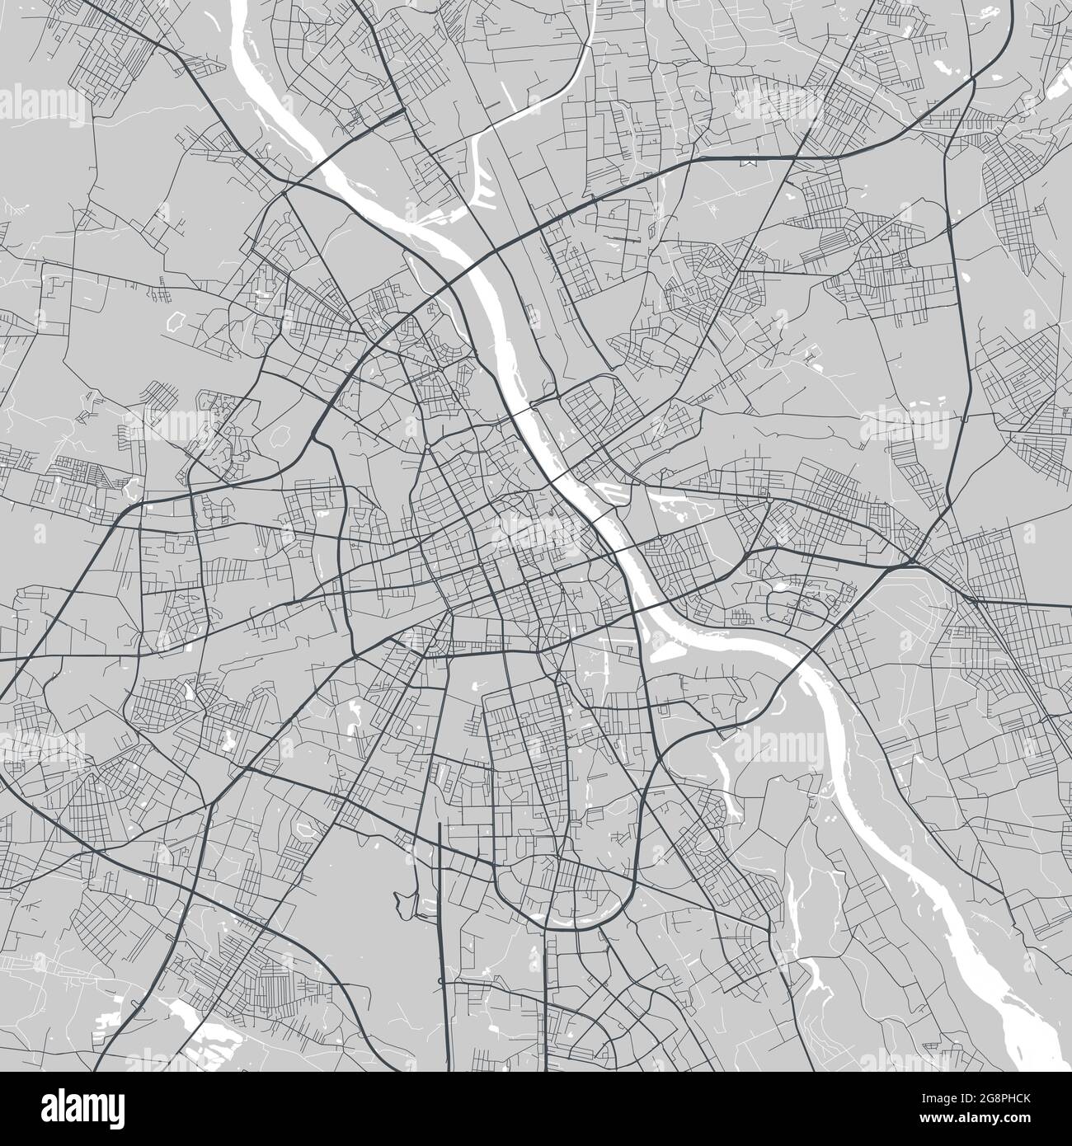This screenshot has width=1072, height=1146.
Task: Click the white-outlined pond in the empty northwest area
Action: coord(176,320)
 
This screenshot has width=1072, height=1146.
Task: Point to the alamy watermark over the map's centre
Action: coord(536,528)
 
